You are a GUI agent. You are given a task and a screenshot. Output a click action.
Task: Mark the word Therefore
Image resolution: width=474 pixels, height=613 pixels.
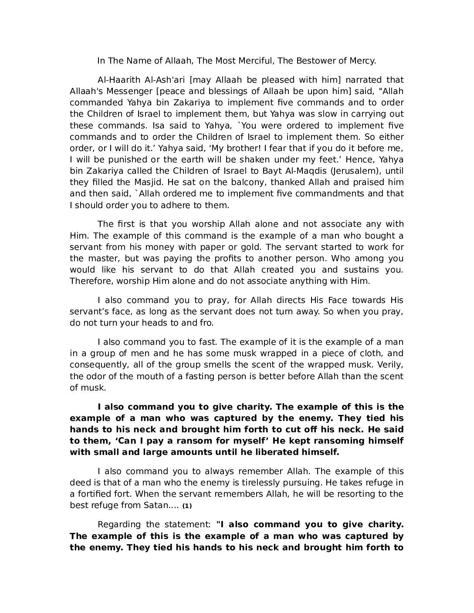point(91,281)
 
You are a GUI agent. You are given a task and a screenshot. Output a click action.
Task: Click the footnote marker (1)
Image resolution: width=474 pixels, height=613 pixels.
point(187,506)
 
